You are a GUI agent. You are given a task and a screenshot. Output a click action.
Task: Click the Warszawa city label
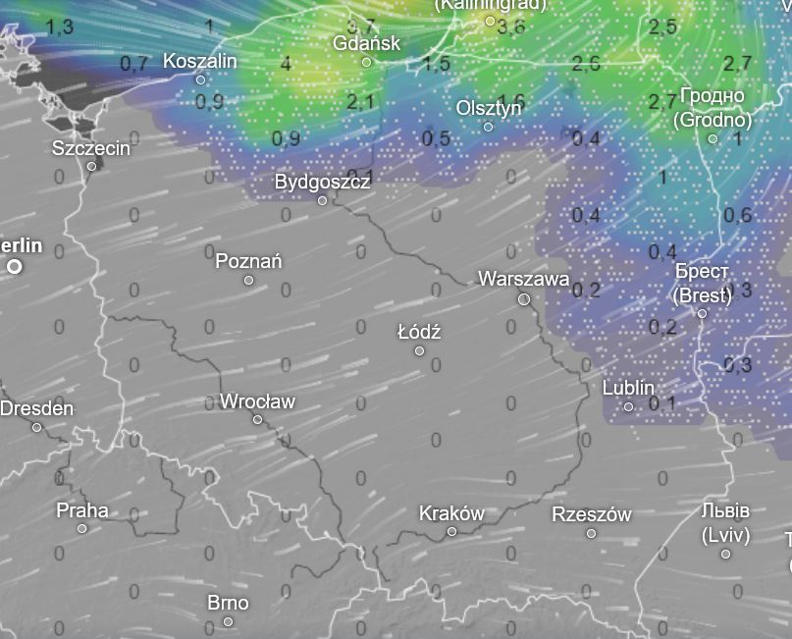[523, 279]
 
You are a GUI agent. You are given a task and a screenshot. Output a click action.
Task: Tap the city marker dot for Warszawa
[524, 298]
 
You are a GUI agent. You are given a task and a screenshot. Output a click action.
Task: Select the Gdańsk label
[367, 43]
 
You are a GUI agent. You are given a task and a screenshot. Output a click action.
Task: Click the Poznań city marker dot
[248, 280]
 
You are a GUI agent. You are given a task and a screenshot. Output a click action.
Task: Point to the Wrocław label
[257, 401]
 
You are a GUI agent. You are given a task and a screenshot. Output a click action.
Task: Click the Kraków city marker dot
[452, 531]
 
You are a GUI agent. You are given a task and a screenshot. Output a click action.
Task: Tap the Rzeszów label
[591, 514]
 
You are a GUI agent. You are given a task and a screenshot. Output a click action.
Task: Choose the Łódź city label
[419, 332]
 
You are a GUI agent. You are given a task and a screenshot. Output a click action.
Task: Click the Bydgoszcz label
[322, 182]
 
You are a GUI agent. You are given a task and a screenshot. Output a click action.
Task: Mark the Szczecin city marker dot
[91, 166]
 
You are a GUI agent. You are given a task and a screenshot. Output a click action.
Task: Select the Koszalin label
[200, 61]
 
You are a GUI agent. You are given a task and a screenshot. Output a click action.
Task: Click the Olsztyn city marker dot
[488, 127]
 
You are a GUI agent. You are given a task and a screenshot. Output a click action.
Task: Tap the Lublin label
[628, 388]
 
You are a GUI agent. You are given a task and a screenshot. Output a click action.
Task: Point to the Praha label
[82, 510]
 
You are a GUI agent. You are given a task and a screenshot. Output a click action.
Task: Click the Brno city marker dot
[229, 621]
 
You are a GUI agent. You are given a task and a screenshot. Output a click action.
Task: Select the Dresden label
[36, 408]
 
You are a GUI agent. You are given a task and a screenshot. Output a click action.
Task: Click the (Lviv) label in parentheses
[725, 535]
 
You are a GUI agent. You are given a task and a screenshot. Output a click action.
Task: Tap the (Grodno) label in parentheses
[713, 120]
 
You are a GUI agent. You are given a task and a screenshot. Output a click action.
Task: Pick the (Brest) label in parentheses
[702, 294]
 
